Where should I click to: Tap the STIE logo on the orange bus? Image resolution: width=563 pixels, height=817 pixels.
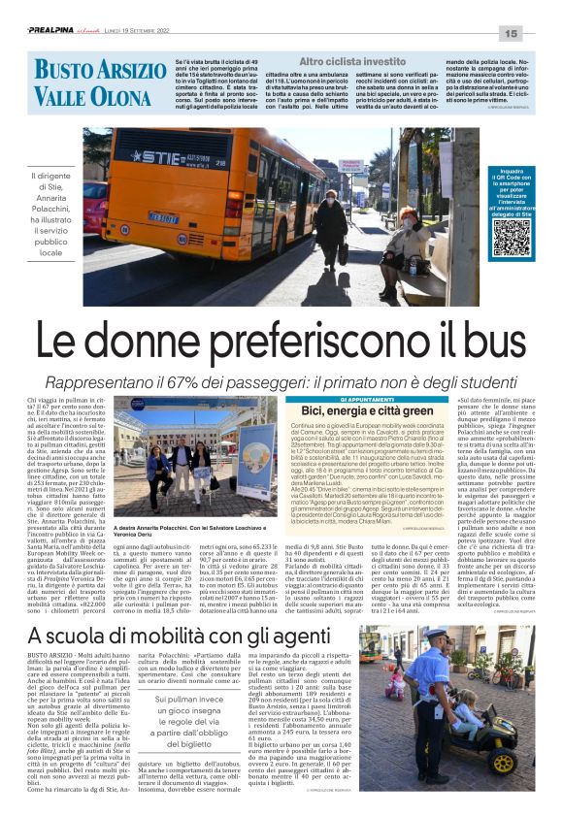154,155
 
